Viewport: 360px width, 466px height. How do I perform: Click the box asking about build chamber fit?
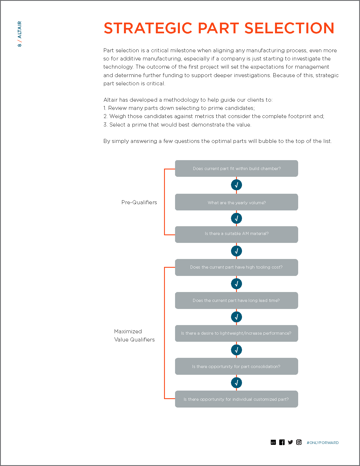coord(236,169)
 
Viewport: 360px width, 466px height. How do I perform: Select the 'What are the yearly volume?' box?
coord(236,202)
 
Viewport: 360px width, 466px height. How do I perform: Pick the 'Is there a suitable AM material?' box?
coord(236,234)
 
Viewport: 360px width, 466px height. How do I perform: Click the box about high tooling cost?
coord(236,267)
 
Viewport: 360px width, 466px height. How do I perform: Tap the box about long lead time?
coord(236,300)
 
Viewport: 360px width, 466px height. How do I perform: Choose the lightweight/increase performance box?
coord(236,333)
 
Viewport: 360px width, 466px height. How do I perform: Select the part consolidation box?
coord(236,366)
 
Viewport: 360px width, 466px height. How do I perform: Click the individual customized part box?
coord(236,399)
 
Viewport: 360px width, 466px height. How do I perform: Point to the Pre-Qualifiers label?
coord(139,202)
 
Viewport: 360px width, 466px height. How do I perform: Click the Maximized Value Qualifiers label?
coord(134,336)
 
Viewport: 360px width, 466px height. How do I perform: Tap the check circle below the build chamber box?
coord(236,185)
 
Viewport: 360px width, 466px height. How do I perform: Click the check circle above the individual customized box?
coord(236,383)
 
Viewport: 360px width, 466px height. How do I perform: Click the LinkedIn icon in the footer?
coord(273,442)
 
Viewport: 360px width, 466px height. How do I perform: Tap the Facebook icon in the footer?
coord(282,442)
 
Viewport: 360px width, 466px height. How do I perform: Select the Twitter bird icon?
coord(290,442)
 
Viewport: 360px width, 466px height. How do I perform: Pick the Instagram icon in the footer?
coord(299,442)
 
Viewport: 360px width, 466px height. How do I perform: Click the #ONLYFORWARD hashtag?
coord(322,443)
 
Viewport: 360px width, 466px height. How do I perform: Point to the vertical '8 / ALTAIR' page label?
coord(19,34)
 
